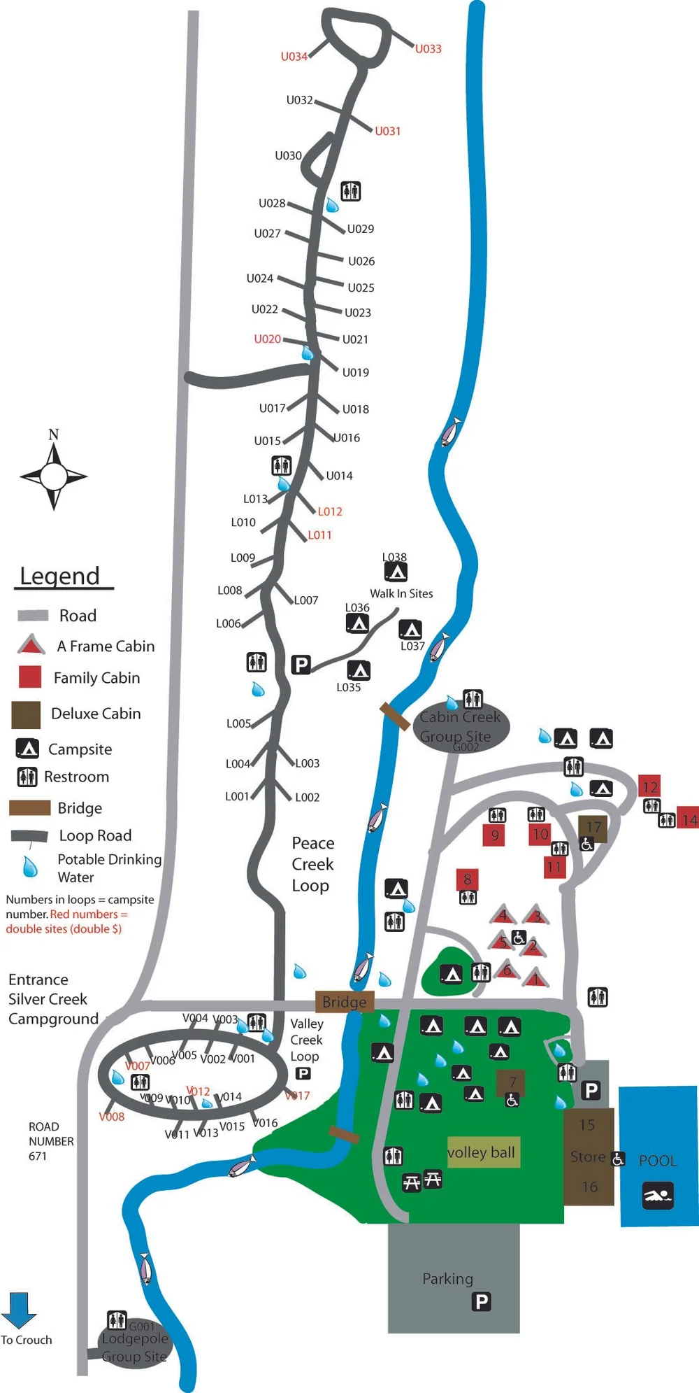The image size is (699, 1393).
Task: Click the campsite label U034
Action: click(294, 57)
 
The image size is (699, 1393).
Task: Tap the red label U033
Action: click(428, 49)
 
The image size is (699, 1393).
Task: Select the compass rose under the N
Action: click(53, 476)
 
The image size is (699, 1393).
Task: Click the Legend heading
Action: click(60, 576)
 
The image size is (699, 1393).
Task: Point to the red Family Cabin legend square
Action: click(29, 677)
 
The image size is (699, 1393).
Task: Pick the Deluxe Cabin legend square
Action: click(26, 714)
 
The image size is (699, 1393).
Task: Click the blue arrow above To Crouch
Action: click(18, 1309)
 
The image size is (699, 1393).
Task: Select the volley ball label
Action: click(482, 1152)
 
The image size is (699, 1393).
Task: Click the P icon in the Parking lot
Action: click(481, 1301)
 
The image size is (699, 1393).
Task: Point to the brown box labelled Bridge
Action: click(345, 1002)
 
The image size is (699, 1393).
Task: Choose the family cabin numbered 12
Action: click(649, 786)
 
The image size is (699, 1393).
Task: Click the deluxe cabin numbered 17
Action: click(593, 828)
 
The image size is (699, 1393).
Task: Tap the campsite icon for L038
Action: click(396, 572)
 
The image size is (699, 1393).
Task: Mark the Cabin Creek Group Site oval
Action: click(461, 727)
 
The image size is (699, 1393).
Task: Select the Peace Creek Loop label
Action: click(312, 864)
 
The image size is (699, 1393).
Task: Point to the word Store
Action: click(587, 1157)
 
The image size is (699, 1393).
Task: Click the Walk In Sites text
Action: click(401, 593)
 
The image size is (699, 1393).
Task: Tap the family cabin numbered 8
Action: click(467, 879)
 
